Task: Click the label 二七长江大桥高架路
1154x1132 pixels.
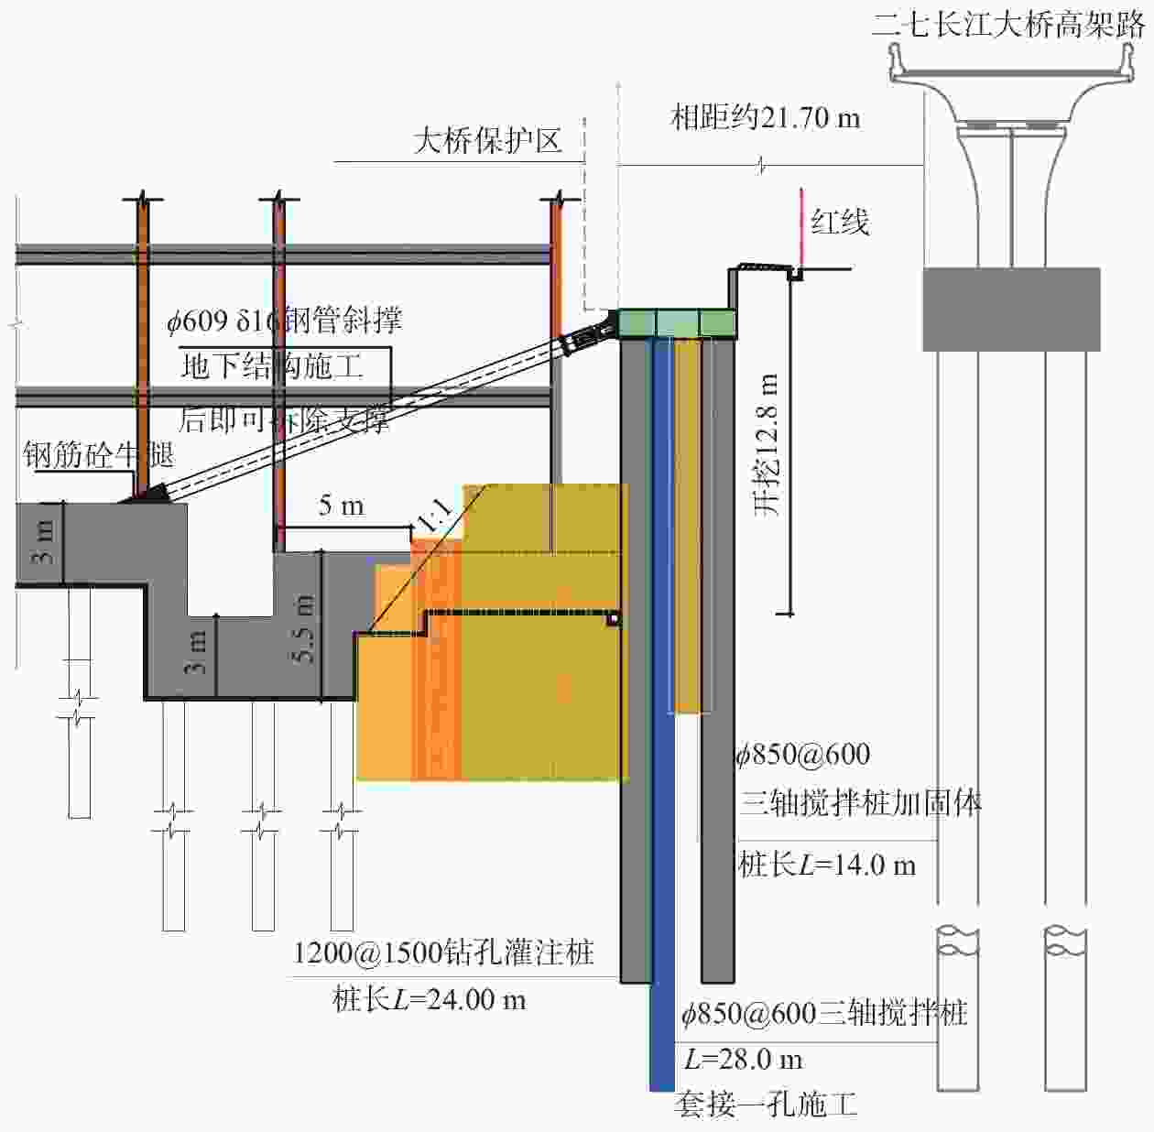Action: (1007, 23)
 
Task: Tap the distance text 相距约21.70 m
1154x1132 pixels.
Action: (766, 117)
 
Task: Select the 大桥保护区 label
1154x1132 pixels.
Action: (487, 140)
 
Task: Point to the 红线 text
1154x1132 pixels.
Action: (839, 222)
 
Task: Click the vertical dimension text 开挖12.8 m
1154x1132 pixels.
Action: (768, 444)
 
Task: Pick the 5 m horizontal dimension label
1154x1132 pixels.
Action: (341, 506)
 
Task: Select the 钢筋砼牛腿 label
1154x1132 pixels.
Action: (98, 454)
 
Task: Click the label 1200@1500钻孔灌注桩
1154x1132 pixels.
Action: (443, 952)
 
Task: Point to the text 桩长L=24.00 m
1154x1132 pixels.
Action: (429, 999)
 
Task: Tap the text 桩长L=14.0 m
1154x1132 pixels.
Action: (827, 865)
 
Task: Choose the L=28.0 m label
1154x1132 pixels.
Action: (743, 1060)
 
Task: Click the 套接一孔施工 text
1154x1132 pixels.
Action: (766, 1105)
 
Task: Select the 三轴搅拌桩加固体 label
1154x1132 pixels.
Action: (860, 803)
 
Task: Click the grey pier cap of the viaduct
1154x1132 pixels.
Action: (1010, 309)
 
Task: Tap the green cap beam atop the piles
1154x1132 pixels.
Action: (677, 323)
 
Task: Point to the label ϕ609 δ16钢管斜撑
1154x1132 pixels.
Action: (284, 321)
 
